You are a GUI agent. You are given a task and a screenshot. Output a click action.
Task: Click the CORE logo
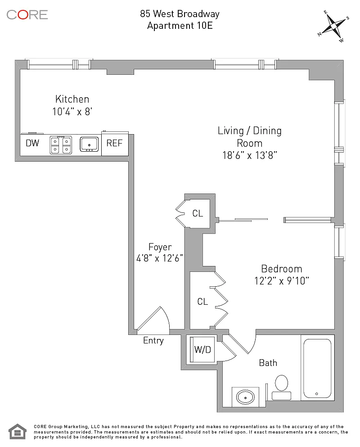(x=27, y=14)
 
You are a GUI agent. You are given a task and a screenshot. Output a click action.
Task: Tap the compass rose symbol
(x=333, y=26)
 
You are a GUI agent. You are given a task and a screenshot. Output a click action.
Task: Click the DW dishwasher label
(x=32, y=143)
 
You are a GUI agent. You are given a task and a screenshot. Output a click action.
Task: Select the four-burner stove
(x=61, y=145)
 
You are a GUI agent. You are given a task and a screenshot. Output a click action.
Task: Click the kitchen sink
(x=89, y=144)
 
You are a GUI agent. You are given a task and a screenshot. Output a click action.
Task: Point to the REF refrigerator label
(x=114, y=143)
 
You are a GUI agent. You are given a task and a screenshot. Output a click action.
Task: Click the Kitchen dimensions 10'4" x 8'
(x=72, y=112)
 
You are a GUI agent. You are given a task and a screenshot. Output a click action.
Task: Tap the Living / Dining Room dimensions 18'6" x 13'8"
(x=250, y=155)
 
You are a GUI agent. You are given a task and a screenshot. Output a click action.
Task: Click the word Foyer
(x=160, y=247)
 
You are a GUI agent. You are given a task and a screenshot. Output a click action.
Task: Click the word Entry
(x=153, y=341)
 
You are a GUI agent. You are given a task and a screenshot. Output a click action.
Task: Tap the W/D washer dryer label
(x=202, y=349)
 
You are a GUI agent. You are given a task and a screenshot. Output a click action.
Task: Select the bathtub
(x=317, y=368)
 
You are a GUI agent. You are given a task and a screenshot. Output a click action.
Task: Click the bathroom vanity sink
(x=245, y=397)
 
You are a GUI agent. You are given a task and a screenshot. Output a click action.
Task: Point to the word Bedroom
(x=282, y=269)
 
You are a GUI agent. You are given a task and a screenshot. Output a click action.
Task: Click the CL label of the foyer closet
(x=198, y=213)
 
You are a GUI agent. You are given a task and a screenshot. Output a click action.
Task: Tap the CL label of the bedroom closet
(x=202, y=302)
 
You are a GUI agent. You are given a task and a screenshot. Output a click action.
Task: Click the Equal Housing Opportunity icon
(x=18, y=432)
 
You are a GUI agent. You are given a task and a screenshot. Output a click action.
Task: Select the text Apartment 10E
(x=180, y=26)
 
